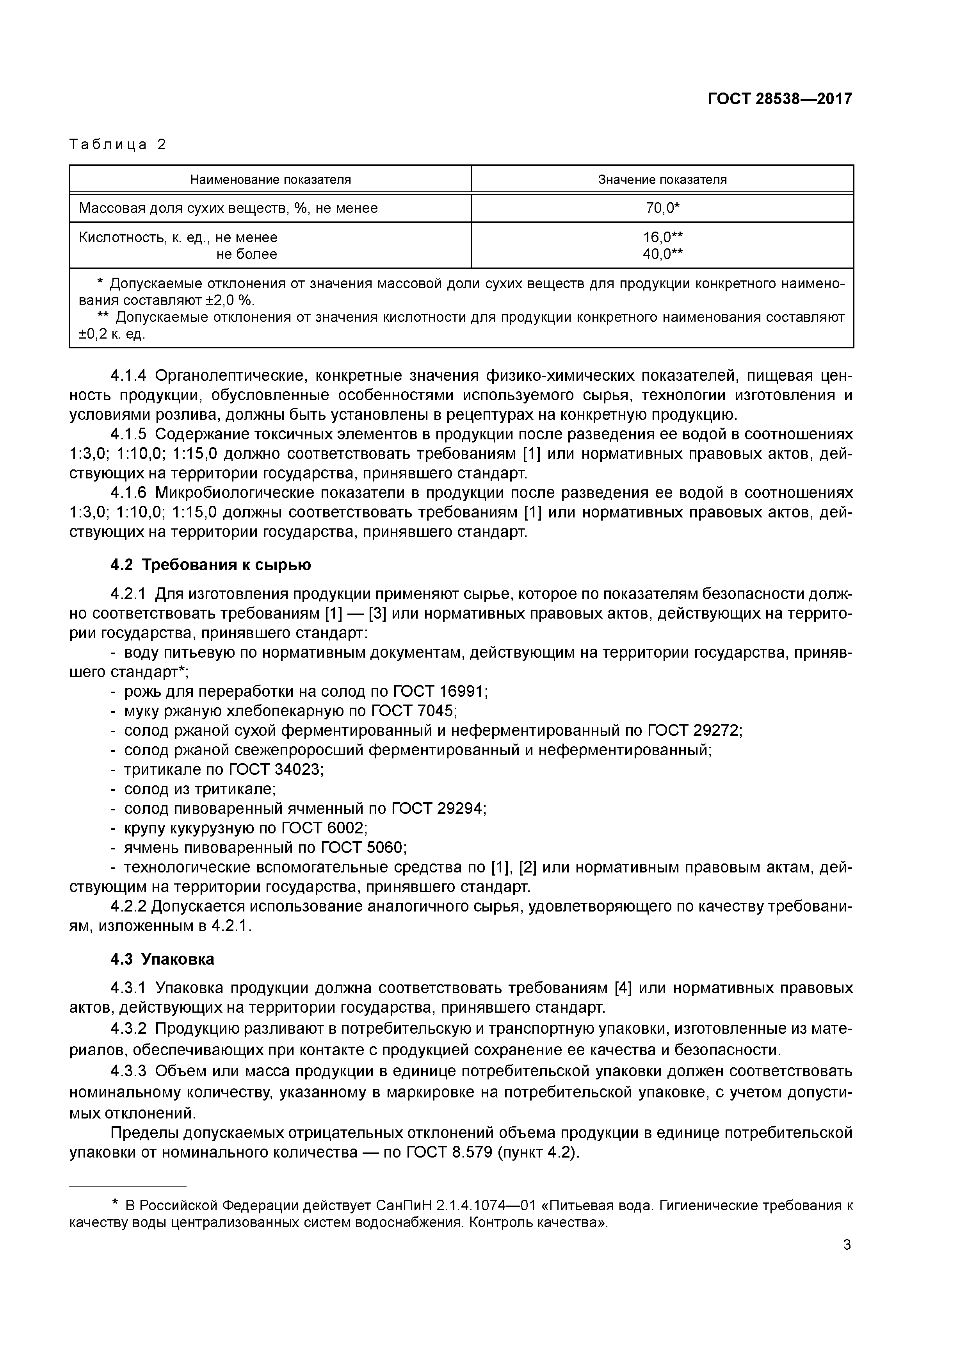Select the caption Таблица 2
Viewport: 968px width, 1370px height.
coord(118,144)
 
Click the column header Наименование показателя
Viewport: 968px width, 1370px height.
coord(270,180)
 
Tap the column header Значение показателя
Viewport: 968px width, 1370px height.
coord(662,180)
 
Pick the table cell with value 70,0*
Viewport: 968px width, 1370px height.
coord(662,208)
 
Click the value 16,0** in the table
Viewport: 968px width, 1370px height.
coord(662,237)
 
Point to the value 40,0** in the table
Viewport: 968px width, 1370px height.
coord(662,254)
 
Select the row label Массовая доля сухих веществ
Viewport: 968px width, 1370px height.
coord(228,208)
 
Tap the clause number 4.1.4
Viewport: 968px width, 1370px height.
coord(128,376)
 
